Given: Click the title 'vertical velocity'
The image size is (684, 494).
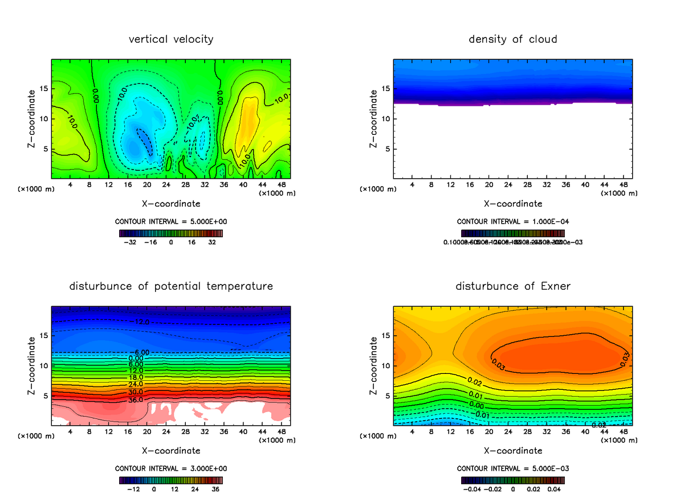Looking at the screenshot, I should pyautogui.click(x=171, y=39).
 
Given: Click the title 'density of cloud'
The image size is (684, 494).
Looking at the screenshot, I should pyautogui.click(x=512, y=39).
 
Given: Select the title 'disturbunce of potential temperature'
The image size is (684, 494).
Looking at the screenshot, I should pyautogui.click(x=171, y=286).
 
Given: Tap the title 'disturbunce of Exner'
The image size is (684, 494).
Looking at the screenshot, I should pyautogui.click(x=512, y=286).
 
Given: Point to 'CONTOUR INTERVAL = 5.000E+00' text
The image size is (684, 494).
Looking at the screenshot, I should pyautogui.click(x=171, y=221).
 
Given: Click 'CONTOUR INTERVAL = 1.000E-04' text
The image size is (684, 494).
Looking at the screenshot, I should pyautogui.click(x=512, y=221).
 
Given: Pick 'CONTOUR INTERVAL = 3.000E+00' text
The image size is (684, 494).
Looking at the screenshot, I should pyautogui.click(x=171, y=468).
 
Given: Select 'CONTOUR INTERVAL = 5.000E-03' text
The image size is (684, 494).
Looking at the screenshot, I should pyautogui.click(x=512, y=468).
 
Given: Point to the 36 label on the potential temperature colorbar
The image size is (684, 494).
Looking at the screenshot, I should pyautogui.click(x=216, y=489).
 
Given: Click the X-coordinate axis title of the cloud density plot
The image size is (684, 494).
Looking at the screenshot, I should pyautogui.click(x=513, y=204).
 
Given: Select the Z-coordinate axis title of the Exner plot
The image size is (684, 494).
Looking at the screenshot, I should pyautogui.click(x=374, y=365).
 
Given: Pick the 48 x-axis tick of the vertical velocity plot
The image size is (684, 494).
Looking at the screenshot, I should pyautogui.click(x=282, y=185).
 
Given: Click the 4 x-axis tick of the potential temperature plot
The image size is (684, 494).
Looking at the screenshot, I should pyautogui.click(x=70, y=432).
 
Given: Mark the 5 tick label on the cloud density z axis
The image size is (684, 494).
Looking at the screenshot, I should pyautogui.click(x=386, y=149).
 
